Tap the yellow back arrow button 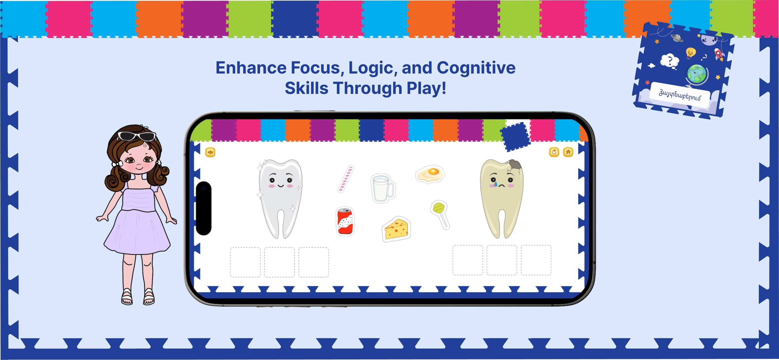coord(210,152)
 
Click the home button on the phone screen coord(568,152)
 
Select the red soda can coord(345,221)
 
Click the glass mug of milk coord(383,188)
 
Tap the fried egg coord(430,174)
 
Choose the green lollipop coord(440,214)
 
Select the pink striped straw coord(346,179)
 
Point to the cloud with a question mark coord(670,61)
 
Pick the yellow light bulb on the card coord(690,53)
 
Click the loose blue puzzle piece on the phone coord(515,137)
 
